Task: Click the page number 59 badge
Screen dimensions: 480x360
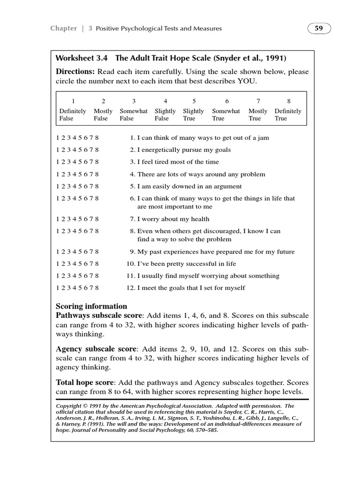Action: pos(319,28)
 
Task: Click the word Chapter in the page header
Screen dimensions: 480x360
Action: pos(63,28)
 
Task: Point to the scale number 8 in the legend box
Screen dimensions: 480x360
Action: pos(288,101)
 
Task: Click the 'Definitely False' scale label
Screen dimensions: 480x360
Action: pos(73,115)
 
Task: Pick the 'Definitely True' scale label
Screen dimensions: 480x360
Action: pos(288,115)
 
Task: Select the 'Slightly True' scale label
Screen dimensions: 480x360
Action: pos(193,115)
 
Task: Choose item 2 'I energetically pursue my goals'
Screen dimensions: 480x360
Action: pos(183,150)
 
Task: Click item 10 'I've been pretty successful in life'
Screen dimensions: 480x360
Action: pos(186,264)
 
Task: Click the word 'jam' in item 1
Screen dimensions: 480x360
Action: pos(263,138)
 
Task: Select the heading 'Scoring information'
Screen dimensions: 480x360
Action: pos(91,306)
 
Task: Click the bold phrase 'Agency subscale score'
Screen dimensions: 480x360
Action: pos(96,349)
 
